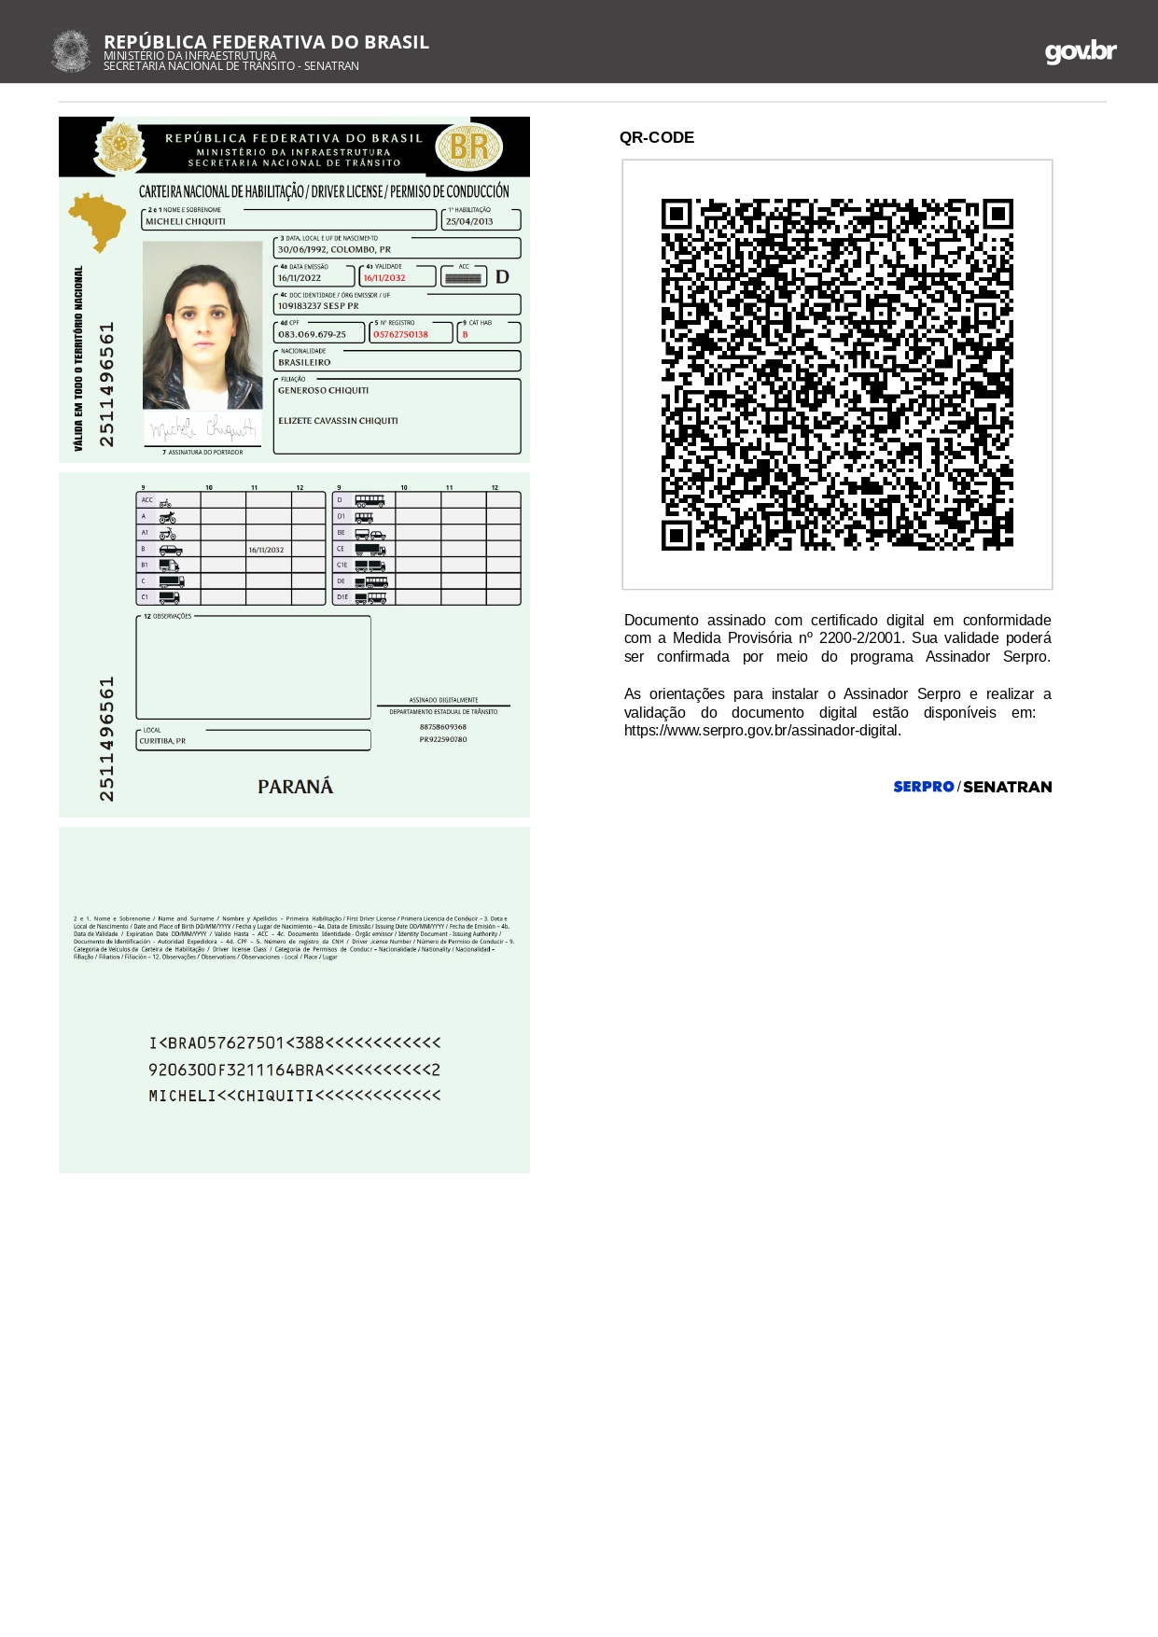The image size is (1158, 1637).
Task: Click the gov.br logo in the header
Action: pyautogui.click(x=1080, y=51)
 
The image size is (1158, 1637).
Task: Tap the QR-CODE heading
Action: pyautogui.click(x=656, y=137)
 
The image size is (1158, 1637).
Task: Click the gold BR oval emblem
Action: pyautogui.click(x=469, y=147)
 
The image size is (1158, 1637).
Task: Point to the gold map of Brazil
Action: pyautogui.click(x=96, y=220)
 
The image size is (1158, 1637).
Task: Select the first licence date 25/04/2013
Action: pyautogui.click(x=469, y=222)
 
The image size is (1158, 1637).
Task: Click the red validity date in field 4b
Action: pyautogui.click(x=384, y=278)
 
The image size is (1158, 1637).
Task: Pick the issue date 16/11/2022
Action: pyautogui.click(x=300, y=278)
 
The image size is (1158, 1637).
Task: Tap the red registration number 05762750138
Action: pyautogui.click(x=400, y=335)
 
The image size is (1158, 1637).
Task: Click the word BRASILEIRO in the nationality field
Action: pyautogui.click(x=304, y=362)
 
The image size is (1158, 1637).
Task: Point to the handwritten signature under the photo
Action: pyautogui.click(x=202, y=429)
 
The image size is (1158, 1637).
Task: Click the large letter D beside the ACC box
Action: pyautogui.click(x=502, y=277)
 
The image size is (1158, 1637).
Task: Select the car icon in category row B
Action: pyautogui.click(x=171, y=550)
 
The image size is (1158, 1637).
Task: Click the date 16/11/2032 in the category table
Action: pyautogui.click(x=266, y=550)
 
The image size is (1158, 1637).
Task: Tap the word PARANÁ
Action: pyautogui.click(x=295, y=787)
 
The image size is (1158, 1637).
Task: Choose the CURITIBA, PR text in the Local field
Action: pyautogui.click(x=162, y=741)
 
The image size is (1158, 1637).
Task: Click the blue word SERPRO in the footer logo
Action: pyautogui.click(x=923, y=787)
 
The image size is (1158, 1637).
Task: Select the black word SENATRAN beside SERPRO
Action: pyautogui.click(x=1007, y=787)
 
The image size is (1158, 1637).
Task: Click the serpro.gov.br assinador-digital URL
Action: pyautogui.click(x=762, y=731)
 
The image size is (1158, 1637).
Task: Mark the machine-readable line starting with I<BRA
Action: pyautogui.click(x=294, y=1042)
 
